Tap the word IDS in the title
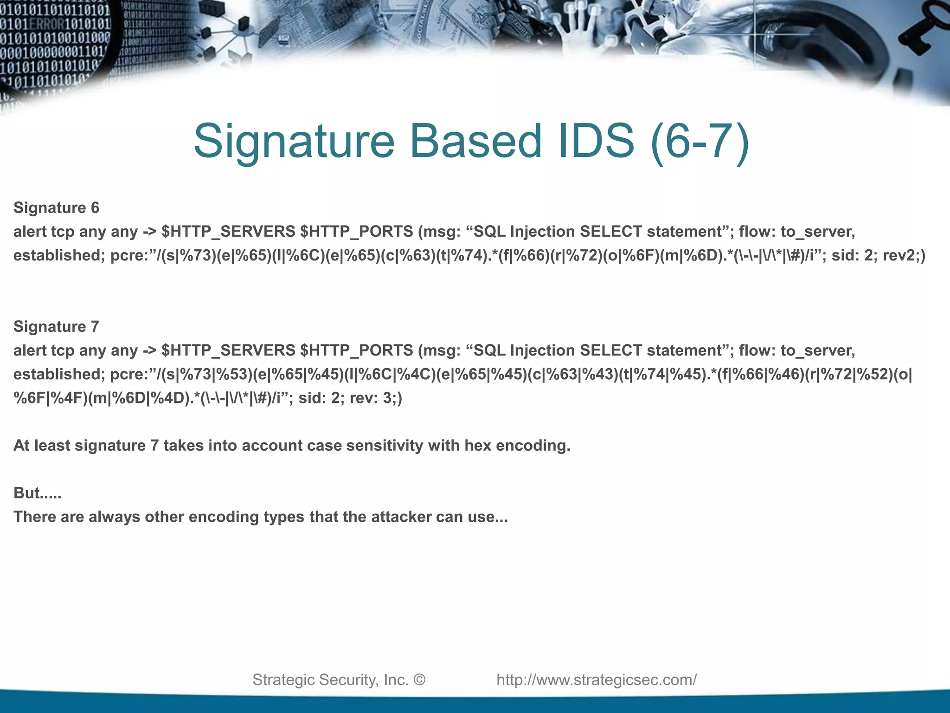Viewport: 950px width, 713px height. pyautogui.click(x=596, y=141)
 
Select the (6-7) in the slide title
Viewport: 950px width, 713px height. pyautogui.click(x=700, y=142)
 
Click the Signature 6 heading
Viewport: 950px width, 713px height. pyautogui.click(x=56, y=207)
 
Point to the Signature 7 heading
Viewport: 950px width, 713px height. pyautogui.click(x=56, y=326)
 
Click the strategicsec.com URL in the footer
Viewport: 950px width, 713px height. pyautogui.click(x=597, y=680)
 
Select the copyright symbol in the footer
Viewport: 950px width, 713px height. pyautogui.click(x=419, y=680)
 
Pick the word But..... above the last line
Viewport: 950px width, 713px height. pyautogui.click(x=37, y=493)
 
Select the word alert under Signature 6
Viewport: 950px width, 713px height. pyautogui.click(x=30, y=231)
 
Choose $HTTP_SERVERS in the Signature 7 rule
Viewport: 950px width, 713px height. pyautogui.click(x=228, y=350)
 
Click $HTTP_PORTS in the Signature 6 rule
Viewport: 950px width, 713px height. pyautogui.click(x=356, y=231)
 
